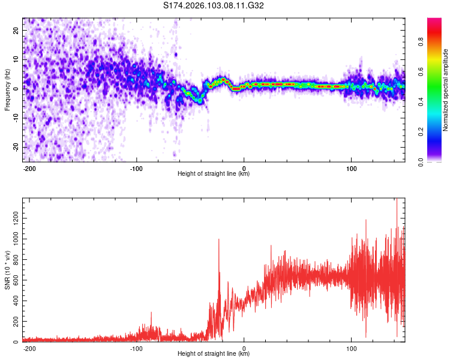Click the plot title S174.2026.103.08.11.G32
(x=214, y=5)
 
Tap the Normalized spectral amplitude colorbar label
(x=446, y=90)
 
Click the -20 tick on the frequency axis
(x=16, y=146)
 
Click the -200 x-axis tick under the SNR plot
(x=29, y=348)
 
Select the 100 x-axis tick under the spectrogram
(x=351, y=168)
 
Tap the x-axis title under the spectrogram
(x=214, y=174)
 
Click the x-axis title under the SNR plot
(x=214, y=354)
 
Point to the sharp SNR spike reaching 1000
(x=218, y=240)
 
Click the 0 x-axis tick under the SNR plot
(x=244, y=348)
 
